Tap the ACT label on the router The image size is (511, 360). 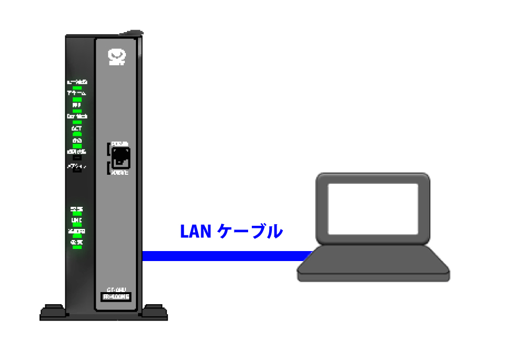pyautogui.click(x=77, y=128)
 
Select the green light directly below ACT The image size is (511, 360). pyautogui.click(x=77, y=134)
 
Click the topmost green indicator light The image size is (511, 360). pyautogui.click(x=77, y=87)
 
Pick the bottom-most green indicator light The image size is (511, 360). pyautogui.click(x=77, y=247)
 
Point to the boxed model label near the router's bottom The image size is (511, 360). pyautogui.click(x=116, y=297)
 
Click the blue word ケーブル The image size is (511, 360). pyautogui.click(x=251, y=232)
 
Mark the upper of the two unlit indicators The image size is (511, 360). pyautogui.click(x=77, y=157)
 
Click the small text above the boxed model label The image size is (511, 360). pyautogui.click(x=116, y=289)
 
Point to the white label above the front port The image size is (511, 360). pyautogui.click(x=121, y=144)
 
